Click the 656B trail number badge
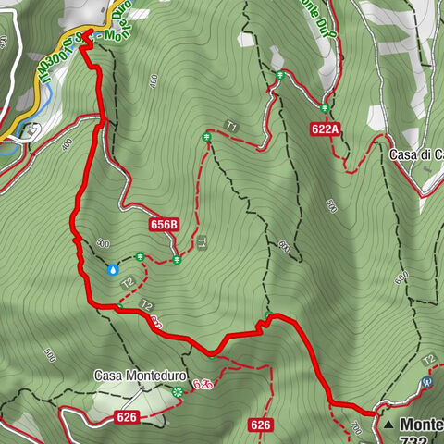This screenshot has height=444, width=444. [x=163, y=225]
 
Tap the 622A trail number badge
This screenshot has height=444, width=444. [x=327, y=130]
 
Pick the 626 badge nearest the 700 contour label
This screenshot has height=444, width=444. [x=261, y=425]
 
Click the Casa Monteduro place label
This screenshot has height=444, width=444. [x=139, y=377]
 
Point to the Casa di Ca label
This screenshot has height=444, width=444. [x=415, y=154]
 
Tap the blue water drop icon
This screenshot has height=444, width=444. [x=113, y=270]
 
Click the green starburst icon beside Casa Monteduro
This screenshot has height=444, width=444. [x=177, y=391]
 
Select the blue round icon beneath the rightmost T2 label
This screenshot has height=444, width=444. [x=426, y=380]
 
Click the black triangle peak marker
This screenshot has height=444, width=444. [x=389, y=424]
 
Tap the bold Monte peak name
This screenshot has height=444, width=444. [x=422, y=424]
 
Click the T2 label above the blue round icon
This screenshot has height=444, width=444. [x=428, y=359]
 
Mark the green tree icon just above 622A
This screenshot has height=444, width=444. [x=325, y=107]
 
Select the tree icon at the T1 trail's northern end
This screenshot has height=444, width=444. [x=207, y=138]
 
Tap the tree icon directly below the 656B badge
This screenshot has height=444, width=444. [x=176, y=259]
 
